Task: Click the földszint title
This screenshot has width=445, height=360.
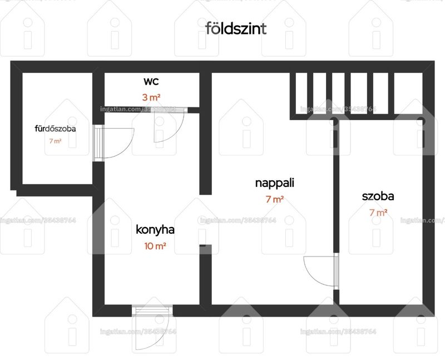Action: point(236,28)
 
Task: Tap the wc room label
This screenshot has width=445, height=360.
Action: point(151,81)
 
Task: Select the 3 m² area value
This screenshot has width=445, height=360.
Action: point(151,97)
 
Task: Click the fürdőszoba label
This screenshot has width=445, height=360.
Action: point(55,129)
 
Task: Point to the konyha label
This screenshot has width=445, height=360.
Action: point(155,230)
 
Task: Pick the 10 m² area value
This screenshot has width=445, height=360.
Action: point(155,246)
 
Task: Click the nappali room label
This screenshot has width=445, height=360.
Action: point(275,183)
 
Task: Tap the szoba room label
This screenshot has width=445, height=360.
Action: point(378,196)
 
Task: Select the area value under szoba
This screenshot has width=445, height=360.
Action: point(378,213)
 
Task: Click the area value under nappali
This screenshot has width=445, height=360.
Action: point(275,199)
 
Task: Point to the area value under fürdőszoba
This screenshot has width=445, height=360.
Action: point(55,141)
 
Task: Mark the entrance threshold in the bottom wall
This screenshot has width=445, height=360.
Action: point(152,310)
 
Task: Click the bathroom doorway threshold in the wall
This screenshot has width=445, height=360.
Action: point(98,143)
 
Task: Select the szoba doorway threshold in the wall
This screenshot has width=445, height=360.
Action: point(337,271)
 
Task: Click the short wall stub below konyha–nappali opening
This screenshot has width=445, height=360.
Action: point(205,275)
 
